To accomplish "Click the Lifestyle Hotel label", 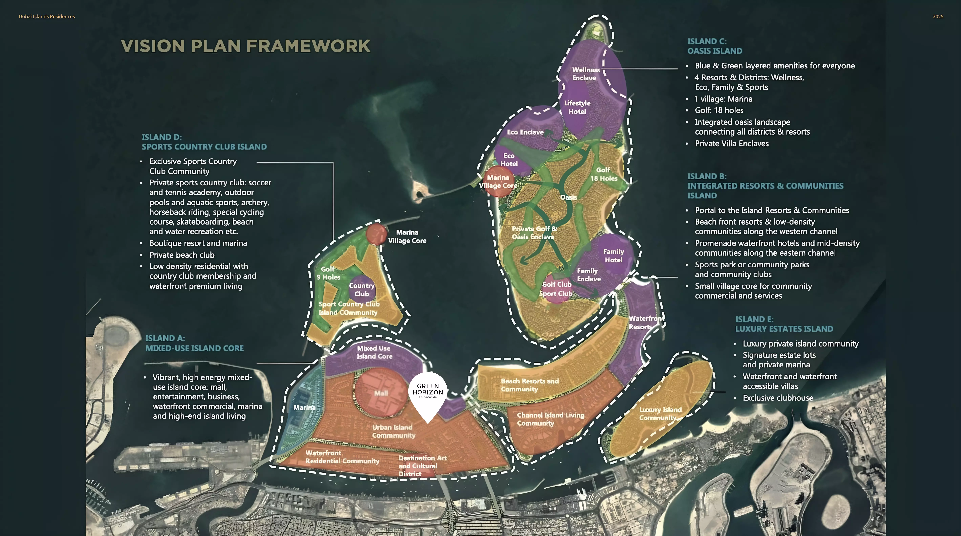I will tap(577, 107).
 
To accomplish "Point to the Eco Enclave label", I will tap(525, 132).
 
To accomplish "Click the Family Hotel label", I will tap(613, 256).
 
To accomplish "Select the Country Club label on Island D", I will tap(361, 290).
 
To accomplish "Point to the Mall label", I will tap(381, 393).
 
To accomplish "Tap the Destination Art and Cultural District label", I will tap(422, 466).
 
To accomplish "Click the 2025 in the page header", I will tap(937, 16).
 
